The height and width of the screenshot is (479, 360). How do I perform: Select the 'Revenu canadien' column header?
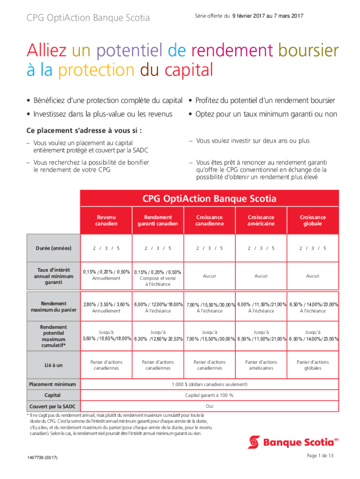click(x=107, y=220)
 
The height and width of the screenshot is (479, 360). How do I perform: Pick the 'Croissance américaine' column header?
click(x=261, y=220)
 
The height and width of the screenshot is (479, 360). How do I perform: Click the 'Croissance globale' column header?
click(x=313, y=220)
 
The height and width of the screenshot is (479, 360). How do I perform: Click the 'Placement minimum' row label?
click(x=53, y=384)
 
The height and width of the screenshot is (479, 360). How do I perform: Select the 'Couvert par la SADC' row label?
click(x=53, y=405)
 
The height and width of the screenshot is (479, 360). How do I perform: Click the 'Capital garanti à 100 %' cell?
click(x=209, y=395)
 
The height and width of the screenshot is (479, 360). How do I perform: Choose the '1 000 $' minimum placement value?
click(x=209, y=384)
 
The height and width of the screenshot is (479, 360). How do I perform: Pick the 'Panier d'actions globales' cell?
click(x=313, y=365)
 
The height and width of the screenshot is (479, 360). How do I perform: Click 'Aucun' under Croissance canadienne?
click(x=209, y=276)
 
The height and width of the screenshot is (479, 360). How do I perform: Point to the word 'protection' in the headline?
click(x=96, y=71)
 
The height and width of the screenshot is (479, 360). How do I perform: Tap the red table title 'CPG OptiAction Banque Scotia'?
click(x=209, y=199)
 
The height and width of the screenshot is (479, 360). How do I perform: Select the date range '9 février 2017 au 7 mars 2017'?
click(x=267, y=16)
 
